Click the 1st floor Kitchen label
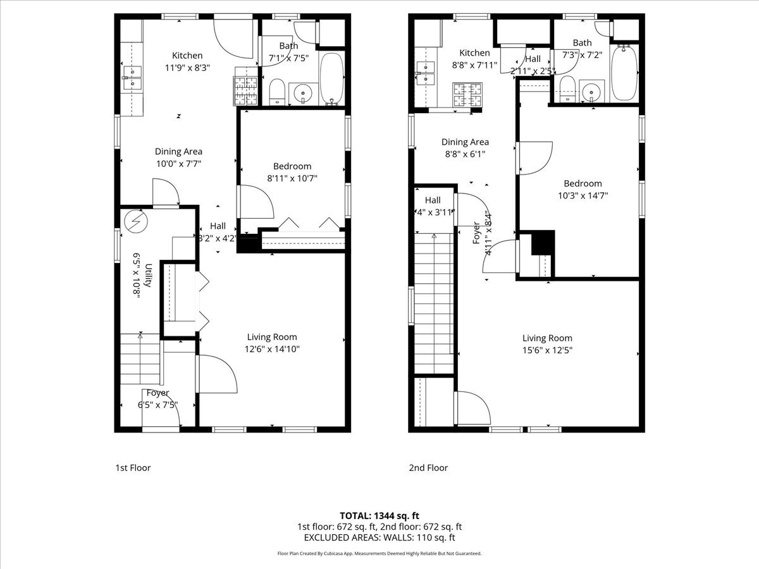(187, 56)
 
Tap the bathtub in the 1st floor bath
(331, 78)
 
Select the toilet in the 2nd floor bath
(567, 89)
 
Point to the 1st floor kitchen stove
(246, 90)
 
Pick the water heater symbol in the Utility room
(135, 221)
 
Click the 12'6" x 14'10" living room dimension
(272, 348)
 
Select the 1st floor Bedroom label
(292, 166)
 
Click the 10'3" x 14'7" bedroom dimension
(583, 195)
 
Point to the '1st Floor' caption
(133, 468)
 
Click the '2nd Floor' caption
(428, 468)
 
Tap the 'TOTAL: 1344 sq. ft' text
(379, 515)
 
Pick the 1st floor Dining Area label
(179, 152)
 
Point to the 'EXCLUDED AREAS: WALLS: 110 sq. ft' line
(379, 537)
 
